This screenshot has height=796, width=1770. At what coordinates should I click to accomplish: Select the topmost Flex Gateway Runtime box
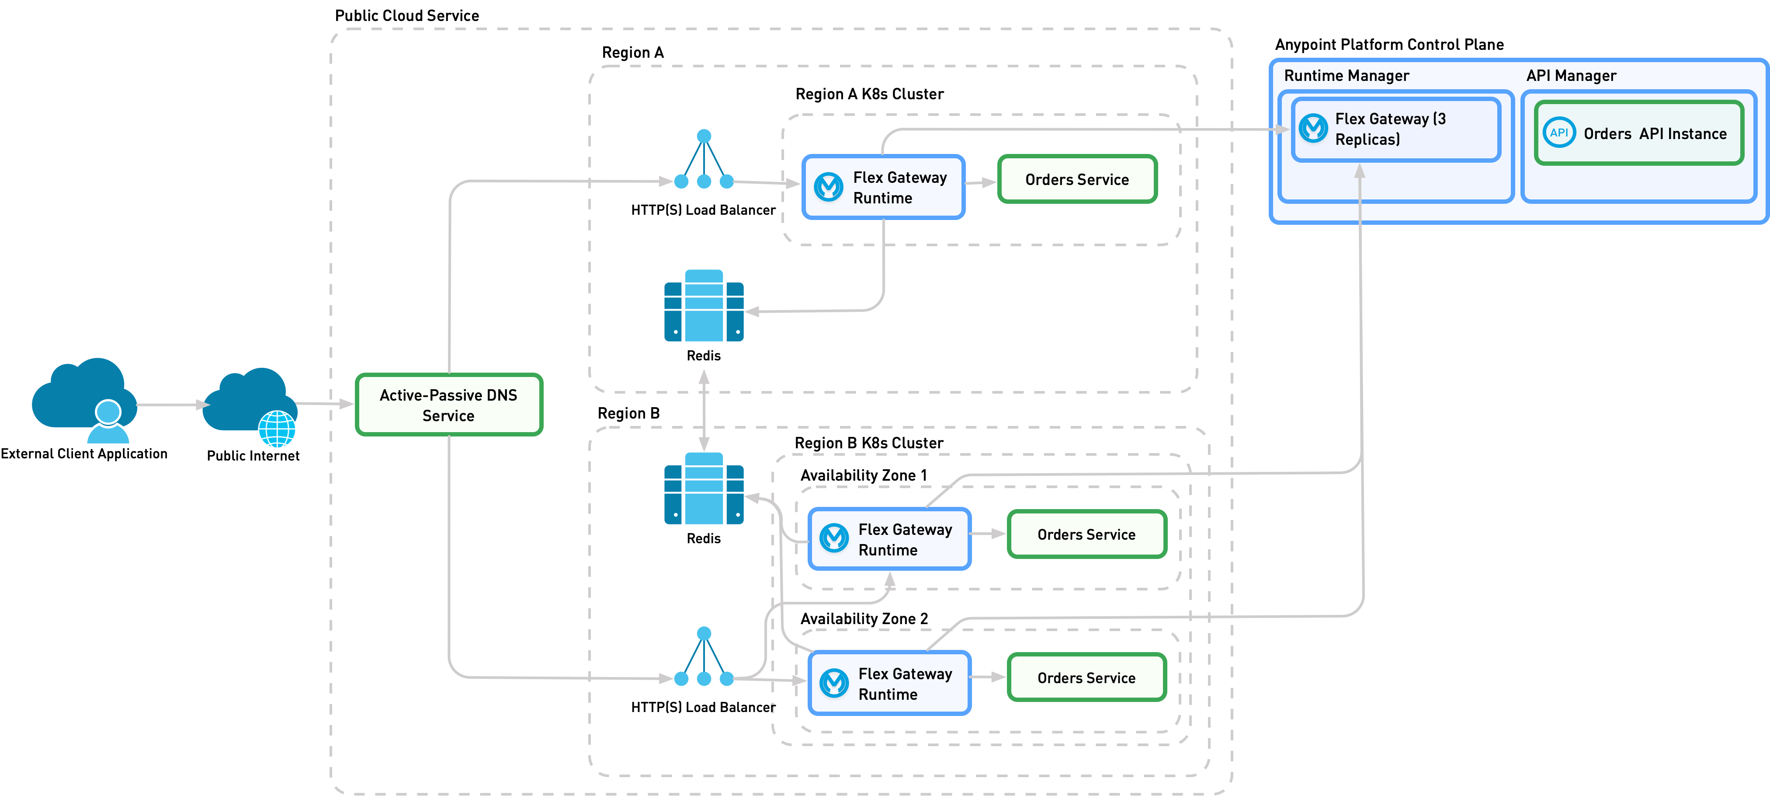(x=884, y=187)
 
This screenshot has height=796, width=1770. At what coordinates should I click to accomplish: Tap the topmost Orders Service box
(x=1077, y=179)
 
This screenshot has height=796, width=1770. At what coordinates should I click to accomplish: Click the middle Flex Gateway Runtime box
(x=889, y=539)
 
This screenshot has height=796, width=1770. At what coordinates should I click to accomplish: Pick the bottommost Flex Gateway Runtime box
(x=889, y=683)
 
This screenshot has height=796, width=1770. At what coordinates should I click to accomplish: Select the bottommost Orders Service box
(x=1086, y=678)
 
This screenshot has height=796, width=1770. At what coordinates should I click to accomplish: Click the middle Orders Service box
(x=1086, y=534)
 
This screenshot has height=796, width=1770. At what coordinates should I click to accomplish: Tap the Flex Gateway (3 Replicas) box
(x=1395, y=129)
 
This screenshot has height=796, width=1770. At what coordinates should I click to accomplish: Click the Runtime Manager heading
(x=1346, y=76)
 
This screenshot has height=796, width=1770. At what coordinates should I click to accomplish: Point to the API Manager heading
(x=1571, y=76)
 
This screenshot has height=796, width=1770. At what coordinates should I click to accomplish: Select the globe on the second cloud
(x=277, y=429)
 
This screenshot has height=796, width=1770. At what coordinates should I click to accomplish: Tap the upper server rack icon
(x=704, y=306)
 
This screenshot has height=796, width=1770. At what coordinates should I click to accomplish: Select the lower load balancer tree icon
(x=704, y=657)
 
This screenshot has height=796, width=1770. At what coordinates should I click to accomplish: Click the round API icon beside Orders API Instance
(x=1558, y=133)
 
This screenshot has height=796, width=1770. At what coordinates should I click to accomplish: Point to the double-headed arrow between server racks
(x=704, y=410)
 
